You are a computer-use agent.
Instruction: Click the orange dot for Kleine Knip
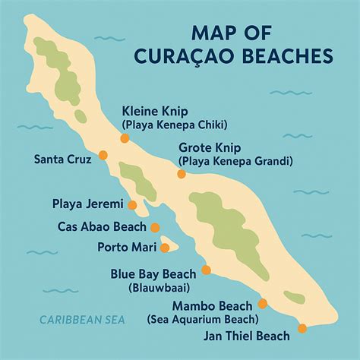(124, 138)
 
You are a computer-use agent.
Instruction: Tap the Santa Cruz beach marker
(103, 155)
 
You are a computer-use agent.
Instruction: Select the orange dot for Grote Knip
(182, 174)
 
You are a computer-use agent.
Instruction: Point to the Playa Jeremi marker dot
(132, 204)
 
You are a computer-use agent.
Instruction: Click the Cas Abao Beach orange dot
(155, 227)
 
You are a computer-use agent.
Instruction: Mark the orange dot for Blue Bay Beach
(206, 270)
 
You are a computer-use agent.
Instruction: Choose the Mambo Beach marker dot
(263, 303)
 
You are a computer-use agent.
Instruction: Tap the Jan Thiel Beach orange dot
(302, 328)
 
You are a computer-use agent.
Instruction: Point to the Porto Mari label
(127, 247)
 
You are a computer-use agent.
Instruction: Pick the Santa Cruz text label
(63, 159)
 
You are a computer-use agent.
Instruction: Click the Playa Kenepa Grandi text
(235, 161)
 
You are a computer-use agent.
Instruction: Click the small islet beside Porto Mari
(169, 246)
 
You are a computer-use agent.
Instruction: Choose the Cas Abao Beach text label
(103, 226)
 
